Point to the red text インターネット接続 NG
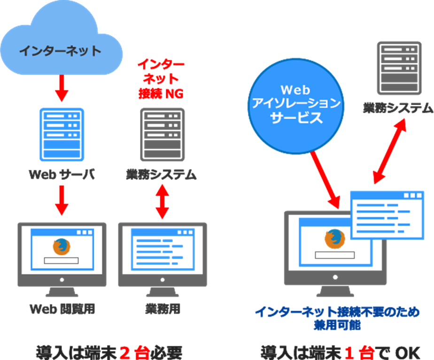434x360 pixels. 161,79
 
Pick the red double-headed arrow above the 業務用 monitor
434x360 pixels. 161,202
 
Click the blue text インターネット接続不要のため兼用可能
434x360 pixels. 337,317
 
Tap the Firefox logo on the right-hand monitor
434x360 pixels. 332,238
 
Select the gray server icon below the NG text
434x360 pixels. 161,134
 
